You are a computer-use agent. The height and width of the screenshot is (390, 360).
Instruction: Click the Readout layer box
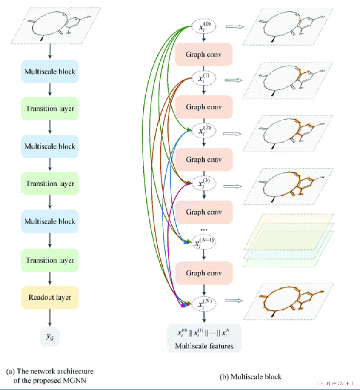tap(50, 297)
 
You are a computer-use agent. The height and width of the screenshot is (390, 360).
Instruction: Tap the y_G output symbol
tap(50, 338)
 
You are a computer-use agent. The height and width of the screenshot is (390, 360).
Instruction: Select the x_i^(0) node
tap(204, 26)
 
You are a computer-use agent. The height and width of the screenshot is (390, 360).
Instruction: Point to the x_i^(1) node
tap(204, 79)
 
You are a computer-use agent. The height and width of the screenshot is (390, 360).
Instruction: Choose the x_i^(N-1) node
tap(204, 242)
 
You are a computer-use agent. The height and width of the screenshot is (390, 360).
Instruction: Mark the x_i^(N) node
tap(204, 304)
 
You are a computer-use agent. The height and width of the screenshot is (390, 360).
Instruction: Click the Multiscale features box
tap(204, 338)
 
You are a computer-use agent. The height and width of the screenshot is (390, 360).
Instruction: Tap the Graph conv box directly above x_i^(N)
tap(204, 273)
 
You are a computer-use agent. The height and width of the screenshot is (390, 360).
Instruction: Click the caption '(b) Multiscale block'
tap(250, 376)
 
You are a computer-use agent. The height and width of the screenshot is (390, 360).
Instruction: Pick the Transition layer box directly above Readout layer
tap(50, 260)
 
